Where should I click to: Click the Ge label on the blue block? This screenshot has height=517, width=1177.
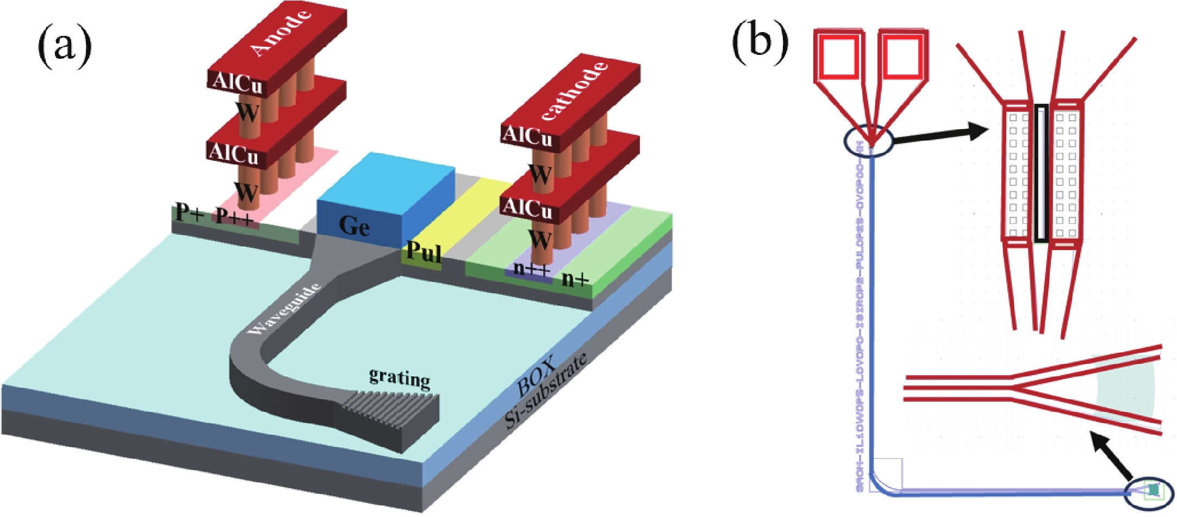354,226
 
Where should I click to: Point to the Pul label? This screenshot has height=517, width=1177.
424,252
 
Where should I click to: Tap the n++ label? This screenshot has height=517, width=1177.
532,269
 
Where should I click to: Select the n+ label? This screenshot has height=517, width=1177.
575,279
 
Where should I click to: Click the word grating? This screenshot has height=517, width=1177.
400,377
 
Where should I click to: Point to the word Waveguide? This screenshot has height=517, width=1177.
284,309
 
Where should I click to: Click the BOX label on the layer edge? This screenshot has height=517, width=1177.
536,376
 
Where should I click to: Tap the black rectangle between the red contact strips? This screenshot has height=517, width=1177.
1041,173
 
